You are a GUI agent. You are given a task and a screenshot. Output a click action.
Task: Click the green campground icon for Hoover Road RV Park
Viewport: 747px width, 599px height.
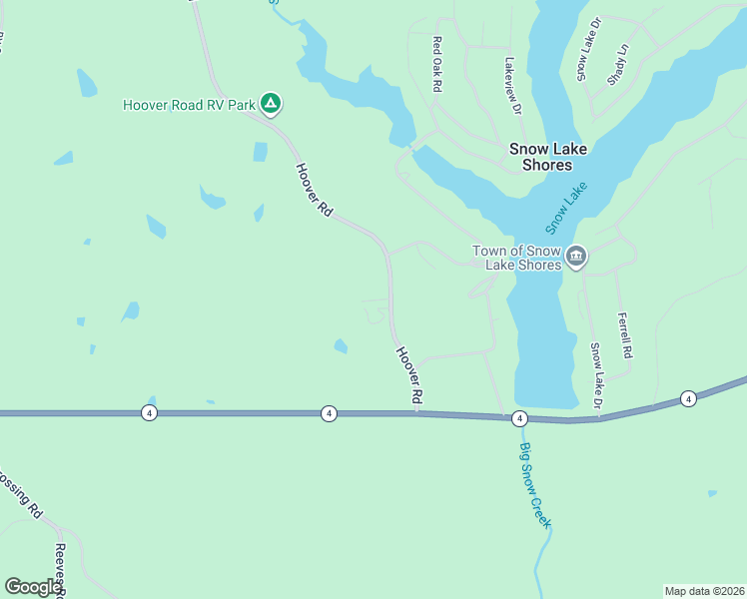click(270, 103)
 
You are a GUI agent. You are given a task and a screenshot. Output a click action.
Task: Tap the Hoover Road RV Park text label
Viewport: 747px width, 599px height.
click(190, 104)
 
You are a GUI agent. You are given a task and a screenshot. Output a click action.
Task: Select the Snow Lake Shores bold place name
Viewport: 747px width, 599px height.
click(540, 157)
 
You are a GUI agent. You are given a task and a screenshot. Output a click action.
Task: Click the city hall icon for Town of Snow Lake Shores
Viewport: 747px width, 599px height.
click(576, 258)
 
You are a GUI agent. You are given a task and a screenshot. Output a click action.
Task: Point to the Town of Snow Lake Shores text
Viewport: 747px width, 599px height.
click(518, 258)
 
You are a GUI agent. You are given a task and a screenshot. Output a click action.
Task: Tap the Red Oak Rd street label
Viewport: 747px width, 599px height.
click(436, 64)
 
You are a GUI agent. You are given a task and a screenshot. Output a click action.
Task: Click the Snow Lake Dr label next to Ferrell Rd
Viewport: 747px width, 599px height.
click(596, 375)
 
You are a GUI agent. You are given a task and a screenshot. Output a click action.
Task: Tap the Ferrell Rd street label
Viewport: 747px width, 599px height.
click(625, 335)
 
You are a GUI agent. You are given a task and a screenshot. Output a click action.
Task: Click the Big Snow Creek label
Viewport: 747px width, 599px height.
click(536, 485)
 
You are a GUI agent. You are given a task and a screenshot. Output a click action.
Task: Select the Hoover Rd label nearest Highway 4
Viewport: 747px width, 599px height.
click(409, 375)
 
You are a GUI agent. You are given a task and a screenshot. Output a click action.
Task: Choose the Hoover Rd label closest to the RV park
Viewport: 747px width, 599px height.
click(314, 189)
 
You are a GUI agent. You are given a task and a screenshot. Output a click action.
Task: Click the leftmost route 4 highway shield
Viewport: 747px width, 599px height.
click(149, 412)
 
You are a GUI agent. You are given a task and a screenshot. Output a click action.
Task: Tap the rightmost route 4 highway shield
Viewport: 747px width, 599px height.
click(688, 399)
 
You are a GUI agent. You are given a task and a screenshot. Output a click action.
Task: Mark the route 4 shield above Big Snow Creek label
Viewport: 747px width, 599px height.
click(519, 418)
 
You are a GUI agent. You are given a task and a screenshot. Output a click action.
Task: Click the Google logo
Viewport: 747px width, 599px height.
click(33, 587)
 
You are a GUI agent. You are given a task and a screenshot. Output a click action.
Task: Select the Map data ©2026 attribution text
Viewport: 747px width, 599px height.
click(704, 591)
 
